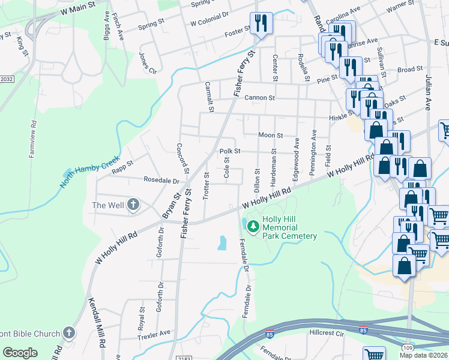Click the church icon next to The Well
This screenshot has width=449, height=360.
(133, 206)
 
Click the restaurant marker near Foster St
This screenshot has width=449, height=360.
(261, 23)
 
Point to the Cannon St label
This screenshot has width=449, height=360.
(260, 98)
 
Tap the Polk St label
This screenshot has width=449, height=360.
(229, 151)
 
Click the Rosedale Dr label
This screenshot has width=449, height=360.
(161, 180)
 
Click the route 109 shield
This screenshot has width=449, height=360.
(409, 347)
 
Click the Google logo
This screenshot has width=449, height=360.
(20, 353)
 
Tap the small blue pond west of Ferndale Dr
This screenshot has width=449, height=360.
(222, 242)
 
